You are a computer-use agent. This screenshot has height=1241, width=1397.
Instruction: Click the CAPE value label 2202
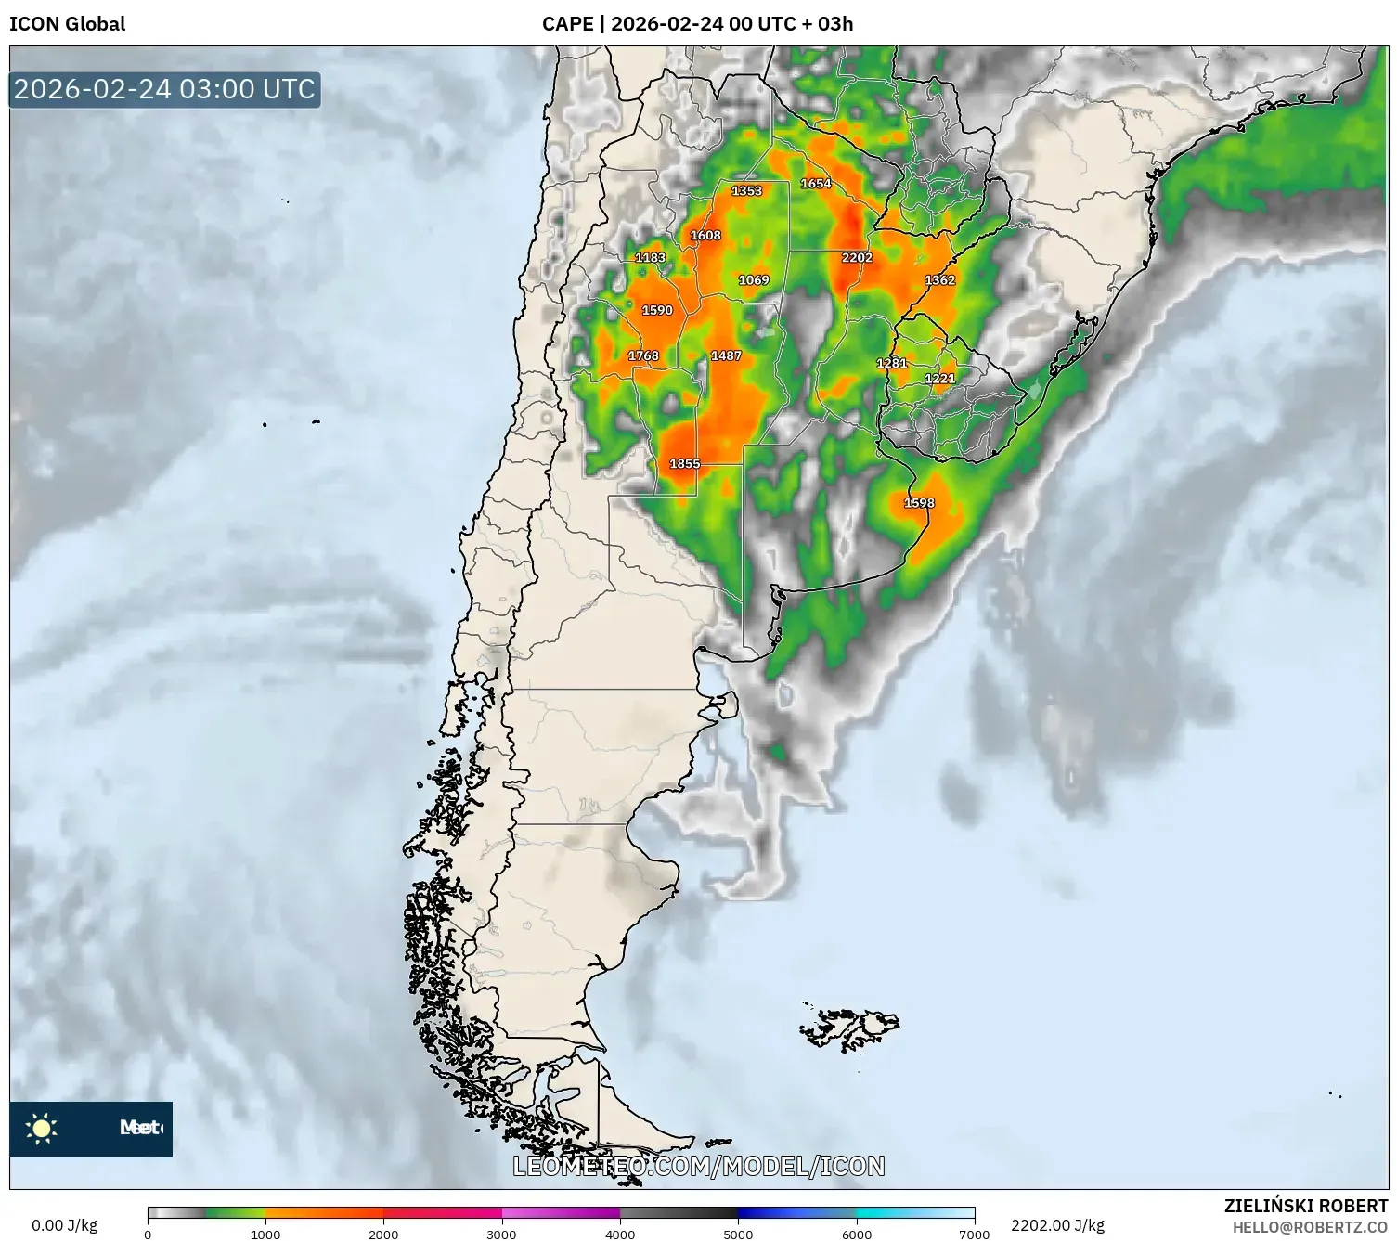click(x=857, y=257)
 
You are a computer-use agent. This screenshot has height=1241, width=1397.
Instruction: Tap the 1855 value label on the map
click(x=685, y=463)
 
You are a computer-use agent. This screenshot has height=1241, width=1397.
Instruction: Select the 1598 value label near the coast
click(x=919, y=503)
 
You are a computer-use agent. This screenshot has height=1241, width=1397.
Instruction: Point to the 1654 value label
click(x=816, y=184)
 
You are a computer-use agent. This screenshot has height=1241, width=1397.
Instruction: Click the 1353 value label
click(x=746, y=191)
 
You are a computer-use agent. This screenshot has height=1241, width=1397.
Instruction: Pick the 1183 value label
click(x=650, y=258)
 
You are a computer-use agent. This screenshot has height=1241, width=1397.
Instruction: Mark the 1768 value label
click(x=643, y=355)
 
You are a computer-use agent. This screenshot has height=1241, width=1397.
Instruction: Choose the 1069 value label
click(x=754, y=279)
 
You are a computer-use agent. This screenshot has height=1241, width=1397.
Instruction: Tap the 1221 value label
click(x=940, y=378)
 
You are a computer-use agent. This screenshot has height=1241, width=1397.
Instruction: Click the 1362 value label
click(x=939, y=279)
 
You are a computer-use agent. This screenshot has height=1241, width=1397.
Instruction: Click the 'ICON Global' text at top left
click(x=67, y=24)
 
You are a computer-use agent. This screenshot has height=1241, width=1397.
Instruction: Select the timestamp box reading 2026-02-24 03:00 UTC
click(x=165, y=89)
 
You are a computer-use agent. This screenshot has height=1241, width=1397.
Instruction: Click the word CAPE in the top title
click(x=567, y=24)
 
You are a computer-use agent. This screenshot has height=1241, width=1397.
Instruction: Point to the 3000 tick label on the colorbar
click(x=501, y=1235)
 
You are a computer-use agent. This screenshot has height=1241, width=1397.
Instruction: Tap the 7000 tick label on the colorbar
click(x=974, y=1235)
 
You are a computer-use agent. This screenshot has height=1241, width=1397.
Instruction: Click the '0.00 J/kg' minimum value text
click(x=64, y=1225)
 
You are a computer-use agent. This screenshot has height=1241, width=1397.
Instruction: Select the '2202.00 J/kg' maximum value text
click(x=1057, y=1225)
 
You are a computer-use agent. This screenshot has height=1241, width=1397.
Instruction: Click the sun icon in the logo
click(x=42, y=1129)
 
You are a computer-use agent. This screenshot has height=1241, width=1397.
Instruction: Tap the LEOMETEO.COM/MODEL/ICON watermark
click(x=699, y=1166)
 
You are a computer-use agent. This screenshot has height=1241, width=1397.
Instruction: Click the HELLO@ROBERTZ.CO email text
click(x=1310, y=1227)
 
